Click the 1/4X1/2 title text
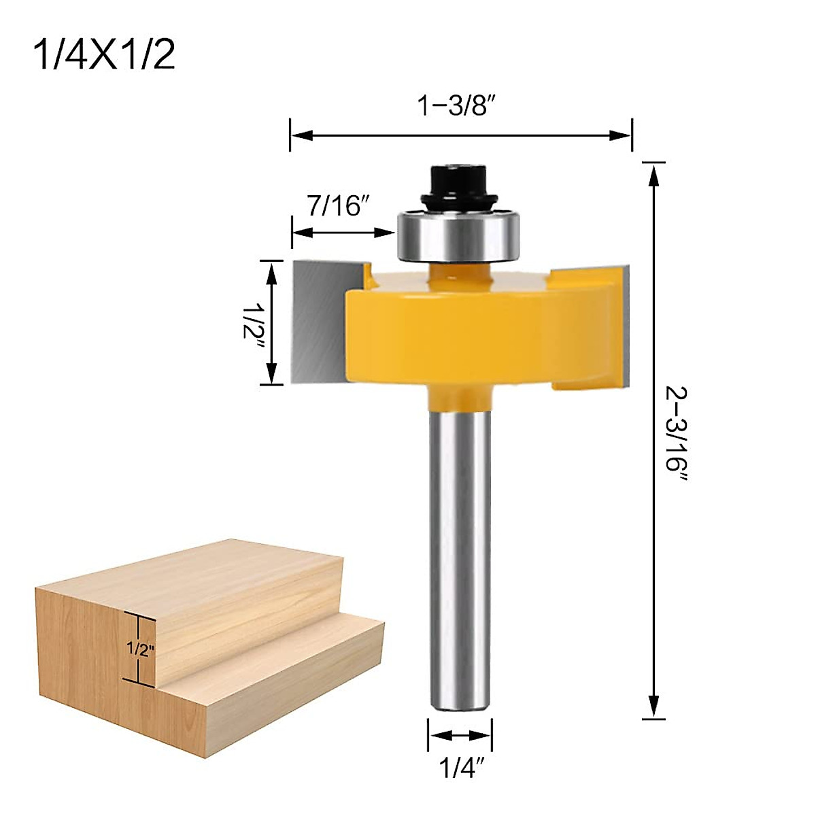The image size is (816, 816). tap(104, 54)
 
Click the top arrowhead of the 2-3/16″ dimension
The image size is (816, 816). tap(653, 174)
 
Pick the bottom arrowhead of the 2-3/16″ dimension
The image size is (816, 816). tap(653, 707)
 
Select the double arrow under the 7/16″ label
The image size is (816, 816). tap(343, 233)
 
